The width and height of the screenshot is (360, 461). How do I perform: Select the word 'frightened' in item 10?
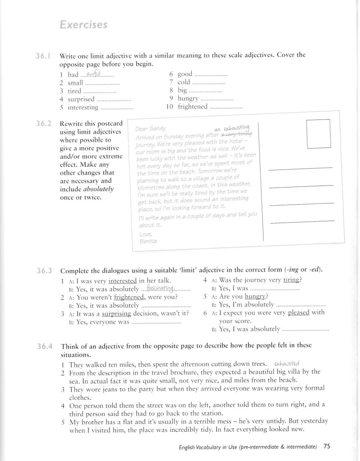(193, 107)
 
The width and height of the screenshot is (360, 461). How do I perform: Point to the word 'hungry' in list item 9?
(188, 98)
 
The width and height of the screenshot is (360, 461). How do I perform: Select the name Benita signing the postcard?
(148, 241)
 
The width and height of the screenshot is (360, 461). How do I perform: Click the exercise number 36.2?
(44, 124)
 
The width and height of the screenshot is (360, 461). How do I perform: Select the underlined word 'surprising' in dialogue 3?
(116, 313)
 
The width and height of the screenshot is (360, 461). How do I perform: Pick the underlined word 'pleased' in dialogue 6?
(298, 312)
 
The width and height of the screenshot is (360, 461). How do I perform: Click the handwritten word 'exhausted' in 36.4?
(287, 364)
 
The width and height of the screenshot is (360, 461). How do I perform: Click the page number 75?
(327, 447)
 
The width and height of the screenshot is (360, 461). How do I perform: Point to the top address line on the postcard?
(301, 169)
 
